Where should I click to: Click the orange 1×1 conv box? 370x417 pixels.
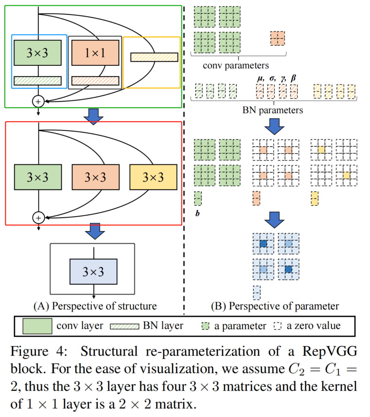95,53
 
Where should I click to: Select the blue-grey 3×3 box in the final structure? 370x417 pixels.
94,272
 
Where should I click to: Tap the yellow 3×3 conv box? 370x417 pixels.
153,177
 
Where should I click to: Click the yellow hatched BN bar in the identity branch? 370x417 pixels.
154,57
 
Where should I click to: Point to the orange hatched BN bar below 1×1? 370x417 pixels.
95,81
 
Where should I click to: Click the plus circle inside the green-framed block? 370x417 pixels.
38,102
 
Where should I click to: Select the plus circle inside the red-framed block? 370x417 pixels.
38,218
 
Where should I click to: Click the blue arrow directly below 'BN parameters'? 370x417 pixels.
274,127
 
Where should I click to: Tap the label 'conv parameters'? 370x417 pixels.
236,65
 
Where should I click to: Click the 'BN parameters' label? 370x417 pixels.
272,110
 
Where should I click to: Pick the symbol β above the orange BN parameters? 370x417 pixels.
294,78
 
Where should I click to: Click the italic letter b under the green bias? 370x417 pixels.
197,213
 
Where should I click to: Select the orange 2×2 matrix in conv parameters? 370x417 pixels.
277,38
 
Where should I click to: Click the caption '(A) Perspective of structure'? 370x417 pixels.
95,306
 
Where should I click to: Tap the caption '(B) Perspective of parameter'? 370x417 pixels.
275,306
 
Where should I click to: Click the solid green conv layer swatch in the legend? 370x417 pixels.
37,326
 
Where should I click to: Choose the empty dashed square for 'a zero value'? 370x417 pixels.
277,326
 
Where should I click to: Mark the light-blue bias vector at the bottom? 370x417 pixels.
257,293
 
